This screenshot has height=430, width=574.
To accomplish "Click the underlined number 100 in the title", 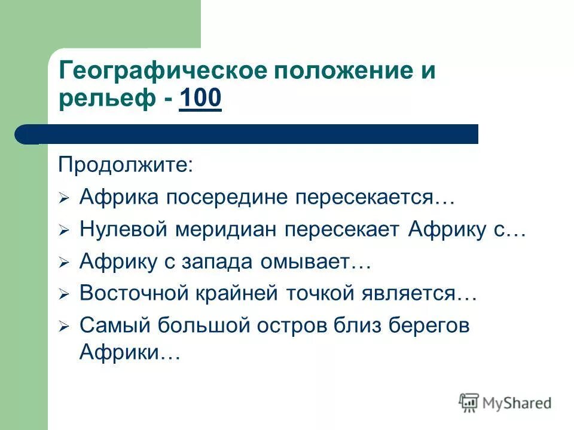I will (200, 100).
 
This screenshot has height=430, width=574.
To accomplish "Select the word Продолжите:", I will (126, 165).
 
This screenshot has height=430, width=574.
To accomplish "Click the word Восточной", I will (136, 294).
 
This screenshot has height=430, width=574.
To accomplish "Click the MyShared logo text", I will (515, 403).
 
